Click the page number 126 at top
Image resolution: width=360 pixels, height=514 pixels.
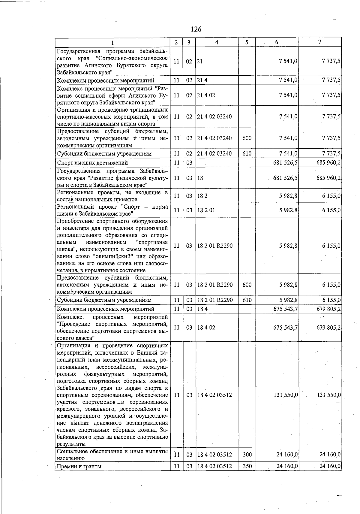(196, 29)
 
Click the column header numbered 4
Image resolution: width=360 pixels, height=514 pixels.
(217, 42)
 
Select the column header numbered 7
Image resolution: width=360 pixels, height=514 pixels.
(320, 42)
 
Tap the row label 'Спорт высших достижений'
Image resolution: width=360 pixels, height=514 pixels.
(92, 163)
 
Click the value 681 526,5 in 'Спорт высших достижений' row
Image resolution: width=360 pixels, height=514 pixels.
(285, 163)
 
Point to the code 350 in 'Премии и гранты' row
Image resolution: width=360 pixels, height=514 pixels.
(247, 466)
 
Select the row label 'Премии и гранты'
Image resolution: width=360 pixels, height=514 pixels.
(79, 466)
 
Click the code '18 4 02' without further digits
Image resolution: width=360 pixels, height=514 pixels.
(206, 328)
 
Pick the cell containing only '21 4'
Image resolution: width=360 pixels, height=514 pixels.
(202, 80)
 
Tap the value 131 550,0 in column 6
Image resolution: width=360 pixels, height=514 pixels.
(286, 395)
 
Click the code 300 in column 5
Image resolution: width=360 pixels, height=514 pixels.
(247, 455)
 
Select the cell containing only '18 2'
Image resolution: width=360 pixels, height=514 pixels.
(202, 196)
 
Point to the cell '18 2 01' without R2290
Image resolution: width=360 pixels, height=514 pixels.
(206, 210)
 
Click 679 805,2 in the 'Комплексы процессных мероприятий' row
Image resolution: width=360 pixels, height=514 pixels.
(328, 309)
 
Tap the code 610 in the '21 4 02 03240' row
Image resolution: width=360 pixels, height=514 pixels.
(247, 154)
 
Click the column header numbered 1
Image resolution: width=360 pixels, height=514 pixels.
(112, 42)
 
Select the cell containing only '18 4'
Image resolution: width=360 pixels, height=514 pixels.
(202, 309)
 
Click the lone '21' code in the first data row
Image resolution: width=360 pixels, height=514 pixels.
(200, 61)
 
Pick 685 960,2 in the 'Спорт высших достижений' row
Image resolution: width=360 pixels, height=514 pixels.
(328, 163)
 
